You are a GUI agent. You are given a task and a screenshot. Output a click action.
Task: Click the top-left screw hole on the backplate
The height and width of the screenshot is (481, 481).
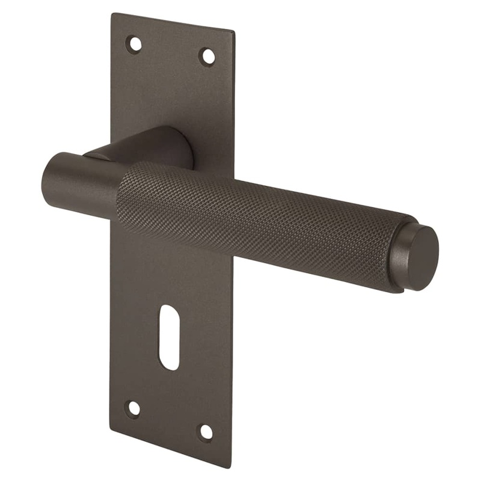134,43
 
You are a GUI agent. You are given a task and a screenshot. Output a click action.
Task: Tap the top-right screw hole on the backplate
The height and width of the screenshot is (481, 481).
207,57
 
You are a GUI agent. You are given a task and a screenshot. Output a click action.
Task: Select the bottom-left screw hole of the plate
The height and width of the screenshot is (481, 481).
133,408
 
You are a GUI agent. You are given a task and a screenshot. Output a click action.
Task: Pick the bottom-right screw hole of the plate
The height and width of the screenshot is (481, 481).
206,432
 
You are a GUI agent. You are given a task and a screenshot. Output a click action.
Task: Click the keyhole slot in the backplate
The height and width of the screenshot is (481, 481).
170,337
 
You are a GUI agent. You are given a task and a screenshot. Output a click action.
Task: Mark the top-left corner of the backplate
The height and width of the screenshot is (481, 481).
112,14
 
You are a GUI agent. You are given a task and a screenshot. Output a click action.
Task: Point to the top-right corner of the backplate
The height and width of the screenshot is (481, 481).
233,29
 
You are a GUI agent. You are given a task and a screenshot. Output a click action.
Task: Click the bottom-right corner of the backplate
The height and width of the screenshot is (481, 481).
230,467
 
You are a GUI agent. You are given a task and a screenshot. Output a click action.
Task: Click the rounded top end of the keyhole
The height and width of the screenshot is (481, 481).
170,311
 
